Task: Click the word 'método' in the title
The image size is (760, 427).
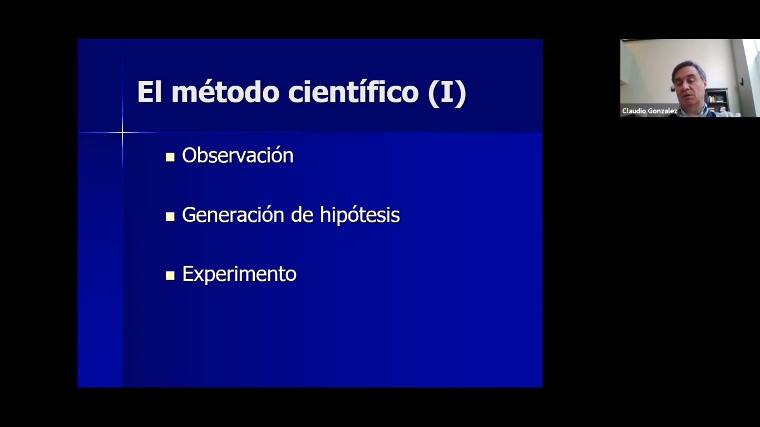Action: (226, 92)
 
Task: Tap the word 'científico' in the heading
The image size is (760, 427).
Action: (353, 91)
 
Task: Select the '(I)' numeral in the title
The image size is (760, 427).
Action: (447, 93)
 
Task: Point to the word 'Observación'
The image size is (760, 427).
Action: (238, 155)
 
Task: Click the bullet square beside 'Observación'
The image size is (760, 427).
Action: (170, 157)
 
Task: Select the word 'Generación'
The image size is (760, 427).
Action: (233, 215)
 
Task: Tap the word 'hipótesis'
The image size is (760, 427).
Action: (360, 215)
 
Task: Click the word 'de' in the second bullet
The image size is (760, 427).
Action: (302, 215)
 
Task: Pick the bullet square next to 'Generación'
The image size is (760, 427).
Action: (170, 216)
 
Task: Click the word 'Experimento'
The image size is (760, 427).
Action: (239, 274)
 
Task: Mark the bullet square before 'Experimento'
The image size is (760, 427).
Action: (170, 276)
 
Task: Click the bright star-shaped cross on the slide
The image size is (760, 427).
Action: (122, 132)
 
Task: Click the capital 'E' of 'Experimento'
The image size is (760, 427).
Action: (187, 274)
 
